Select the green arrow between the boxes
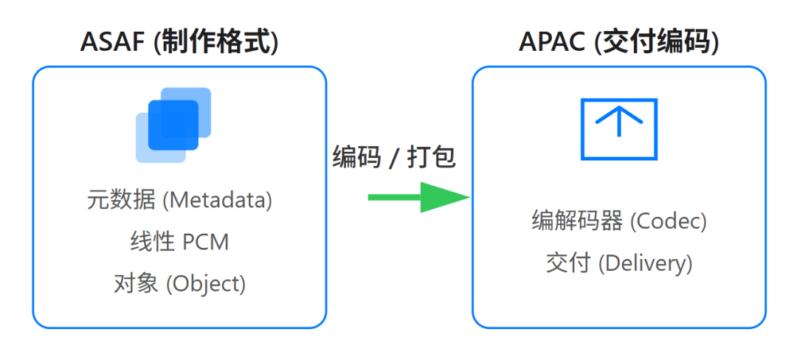tap(418, 197)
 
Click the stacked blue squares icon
tap(173, 125)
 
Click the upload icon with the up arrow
tap(618, 129)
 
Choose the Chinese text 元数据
tap(120, 200)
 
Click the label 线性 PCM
tap(179, 241)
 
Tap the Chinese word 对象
tap(136, 283)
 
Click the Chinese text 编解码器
tap(577, 221)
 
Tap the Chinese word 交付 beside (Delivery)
tap(568, 263)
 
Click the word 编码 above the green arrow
tap(355, 157)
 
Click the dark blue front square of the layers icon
tap(174, 125)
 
